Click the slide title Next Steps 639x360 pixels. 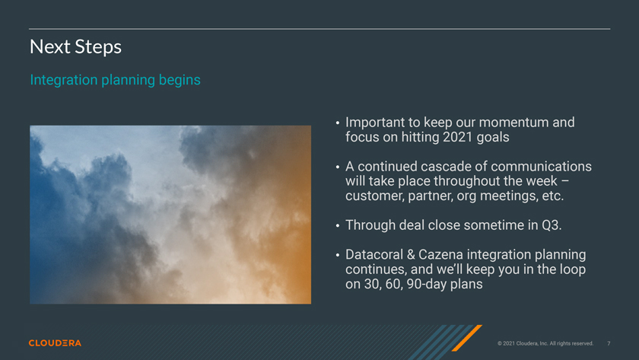pyautogui.click(x=75, y=47)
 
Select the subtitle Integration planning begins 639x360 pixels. pyautogui.click(x=116, y=80)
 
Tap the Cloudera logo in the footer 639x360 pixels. pyautogui.click(x=55, y=343)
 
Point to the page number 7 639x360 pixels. pyautogui.click(x=609, y=343)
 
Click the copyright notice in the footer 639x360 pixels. pyautogui.click(x=545, y=343)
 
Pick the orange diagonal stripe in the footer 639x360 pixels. pyautogui.click(x=467, y=338)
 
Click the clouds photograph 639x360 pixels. pyautogui.click(x=170, y=215)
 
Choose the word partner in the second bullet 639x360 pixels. pyautogui.click(x=431, y=196)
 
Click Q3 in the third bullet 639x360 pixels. pyautogui.click(x=552, y=225)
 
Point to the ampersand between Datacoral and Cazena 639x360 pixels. pyautogui.click(x=411, y=254)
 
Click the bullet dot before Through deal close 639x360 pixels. pyautogui.click(x=338, y=225)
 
